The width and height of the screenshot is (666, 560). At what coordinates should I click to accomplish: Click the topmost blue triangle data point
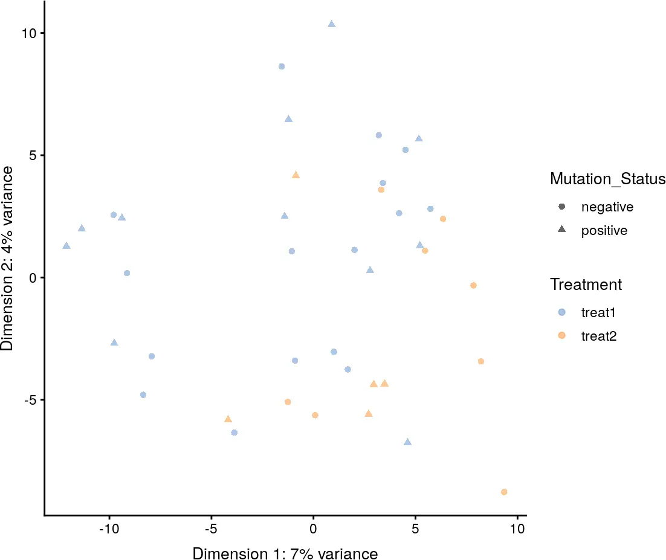click(x=331, y=24)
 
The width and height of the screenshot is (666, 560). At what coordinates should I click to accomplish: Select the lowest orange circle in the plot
click(x=504, y=492)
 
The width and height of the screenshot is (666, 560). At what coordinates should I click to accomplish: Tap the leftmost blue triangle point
click(x=66, y=246)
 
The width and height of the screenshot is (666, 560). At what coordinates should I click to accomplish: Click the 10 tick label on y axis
click(x=28, y=33)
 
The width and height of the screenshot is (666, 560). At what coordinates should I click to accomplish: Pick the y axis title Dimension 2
click(x=8, y=258)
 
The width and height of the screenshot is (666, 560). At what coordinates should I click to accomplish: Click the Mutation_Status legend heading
click(x=607, y=179)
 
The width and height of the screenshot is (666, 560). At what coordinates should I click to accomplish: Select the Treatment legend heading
click(x=586, y=284)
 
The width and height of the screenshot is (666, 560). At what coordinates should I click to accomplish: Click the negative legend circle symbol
click(x=562, y=207)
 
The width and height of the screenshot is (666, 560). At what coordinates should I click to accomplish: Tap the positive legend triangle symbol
click(x=562, y=230)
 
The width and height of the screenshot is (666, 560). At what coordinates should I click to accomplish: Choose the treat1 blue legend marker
click(x=562, y=312)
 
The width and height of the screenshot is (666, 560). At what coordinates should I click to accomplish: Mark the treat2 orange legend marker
click(x=562, y=335)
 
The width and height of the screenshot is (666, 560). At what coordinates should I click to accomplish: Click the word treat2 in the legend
click(x=598, y=336)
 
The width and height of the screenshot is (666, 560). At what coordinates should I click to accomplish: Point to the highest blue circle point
click(x=282, y=66)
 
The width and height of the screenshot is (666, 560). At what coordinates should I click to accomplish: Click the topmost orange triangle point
click(x=296, y=175)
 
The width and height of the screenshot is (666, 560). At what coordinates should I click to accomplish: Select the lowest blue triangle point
click(x=407, y=442)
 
